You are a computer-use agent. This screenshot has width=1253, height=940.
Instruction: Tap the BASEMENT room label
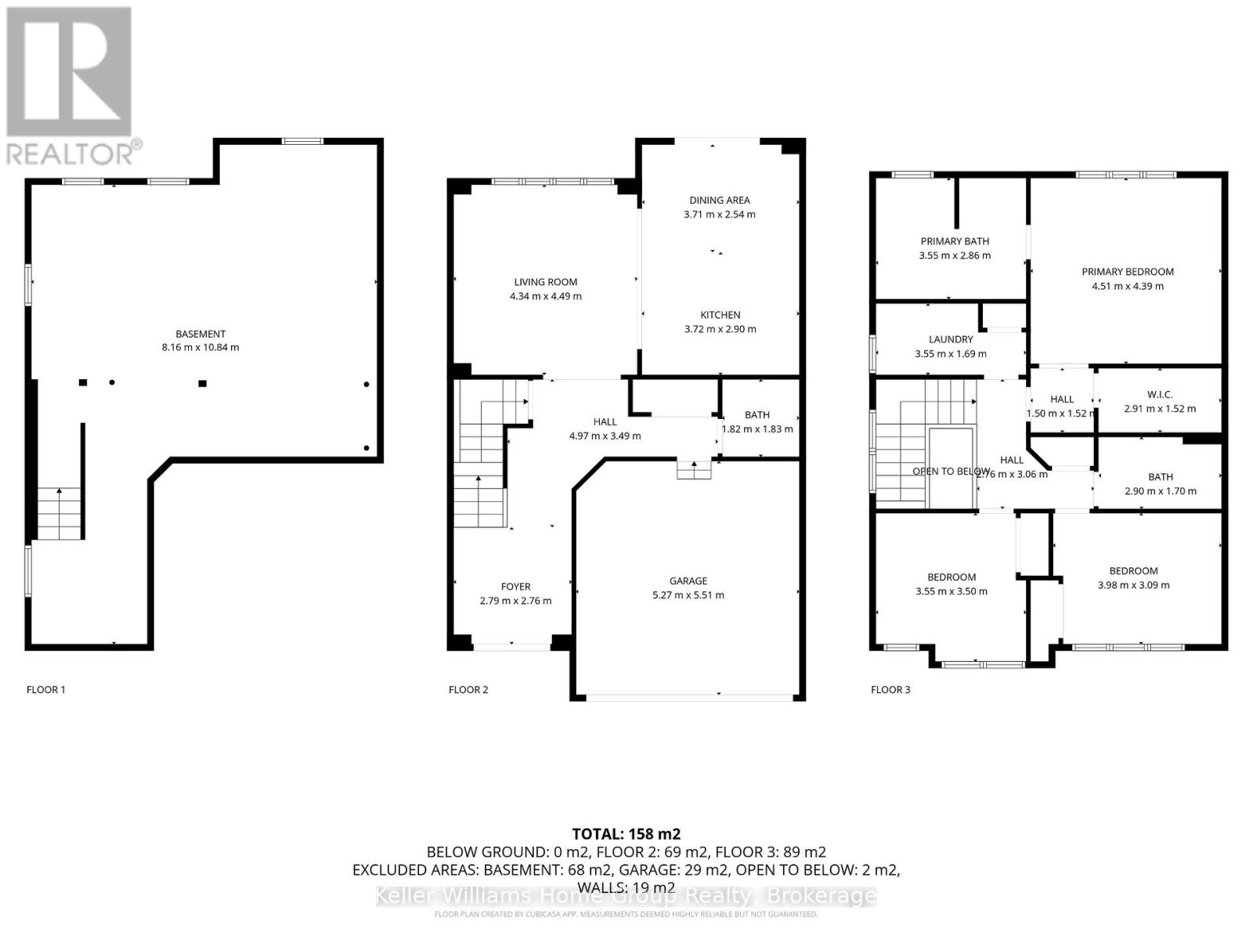[200, 334]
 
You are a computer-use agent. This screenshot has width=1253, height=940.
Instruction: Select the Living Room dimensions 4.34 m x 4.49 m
[546, 297]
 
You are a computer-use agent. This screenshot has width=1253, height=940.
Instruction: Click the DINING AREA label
[720, 201]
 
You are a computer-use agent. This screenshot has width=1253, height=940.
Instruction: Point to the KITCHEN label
[720, 315]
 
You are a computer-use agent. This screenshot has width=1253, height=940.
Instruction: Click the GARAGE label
[688, 581]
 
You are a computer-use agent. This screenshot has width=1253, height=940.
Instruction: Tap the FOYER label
[515, 587]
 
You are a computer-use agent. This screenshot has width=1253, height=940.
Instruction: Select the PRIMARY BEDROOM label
[1128, 272]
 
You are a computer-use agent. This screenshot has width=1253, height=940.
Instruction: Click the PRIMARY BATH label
[955, 241]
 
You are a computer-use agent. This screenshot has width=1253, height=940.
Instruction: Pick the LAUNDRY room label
[951, 340]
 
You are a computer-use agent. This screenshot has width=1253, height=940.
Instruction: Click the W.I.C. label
[1160, 395]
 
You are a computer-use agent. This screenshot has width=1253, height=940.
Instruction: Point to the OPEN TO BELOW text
[951, 472]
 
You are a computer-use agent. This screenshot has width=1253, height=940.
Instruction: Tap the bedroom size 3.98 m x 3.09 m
[1133, 585]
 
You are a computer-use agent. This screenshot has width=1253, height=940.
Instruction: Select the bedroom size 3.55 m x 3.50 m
[951, 591]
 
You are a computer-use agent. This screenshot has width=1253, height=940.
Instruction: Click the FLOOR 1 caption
[46, 690]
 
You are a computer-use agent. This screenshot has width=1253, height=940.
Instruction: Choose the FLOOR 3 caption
[890, 690]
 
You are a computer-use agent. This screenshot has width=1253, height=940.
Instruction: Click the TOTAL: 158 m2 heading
[626, 833]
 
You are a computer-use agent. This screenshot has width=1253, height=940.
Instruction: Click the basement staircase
[60, 513]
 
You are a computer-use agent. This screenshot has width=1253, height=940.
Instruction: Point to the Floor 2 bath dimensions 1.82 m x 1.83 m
[757, 429]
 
